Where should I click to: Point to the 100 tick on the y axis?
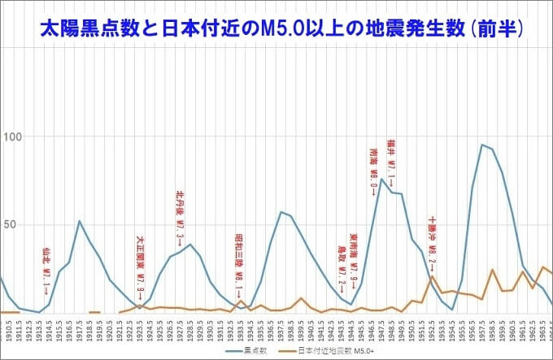pos(11,136)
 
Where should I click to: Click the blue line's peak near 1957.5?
pos(482,145)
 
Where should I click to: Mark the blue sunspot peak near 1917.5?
pos(79,221)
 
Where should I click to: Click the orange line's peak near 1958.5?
pos(492,270)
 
